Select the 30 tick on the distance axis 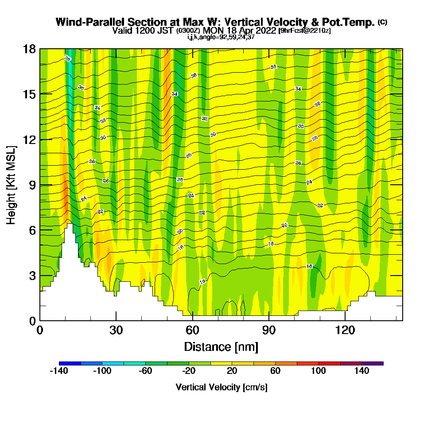[116, 330]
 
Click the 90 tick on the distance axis [269, 330]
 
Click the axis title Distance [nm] [221, 346]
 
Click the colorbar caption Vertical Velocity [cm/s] [221, 387]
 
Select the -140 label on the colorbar [59, 371]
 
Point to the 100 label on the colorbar [319, 371]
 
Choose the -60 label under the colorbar [146, 371]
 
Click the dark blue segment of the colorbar [70, 363]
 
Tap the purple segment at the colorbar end [373, 363]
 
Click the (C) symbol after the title [382, 22]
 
